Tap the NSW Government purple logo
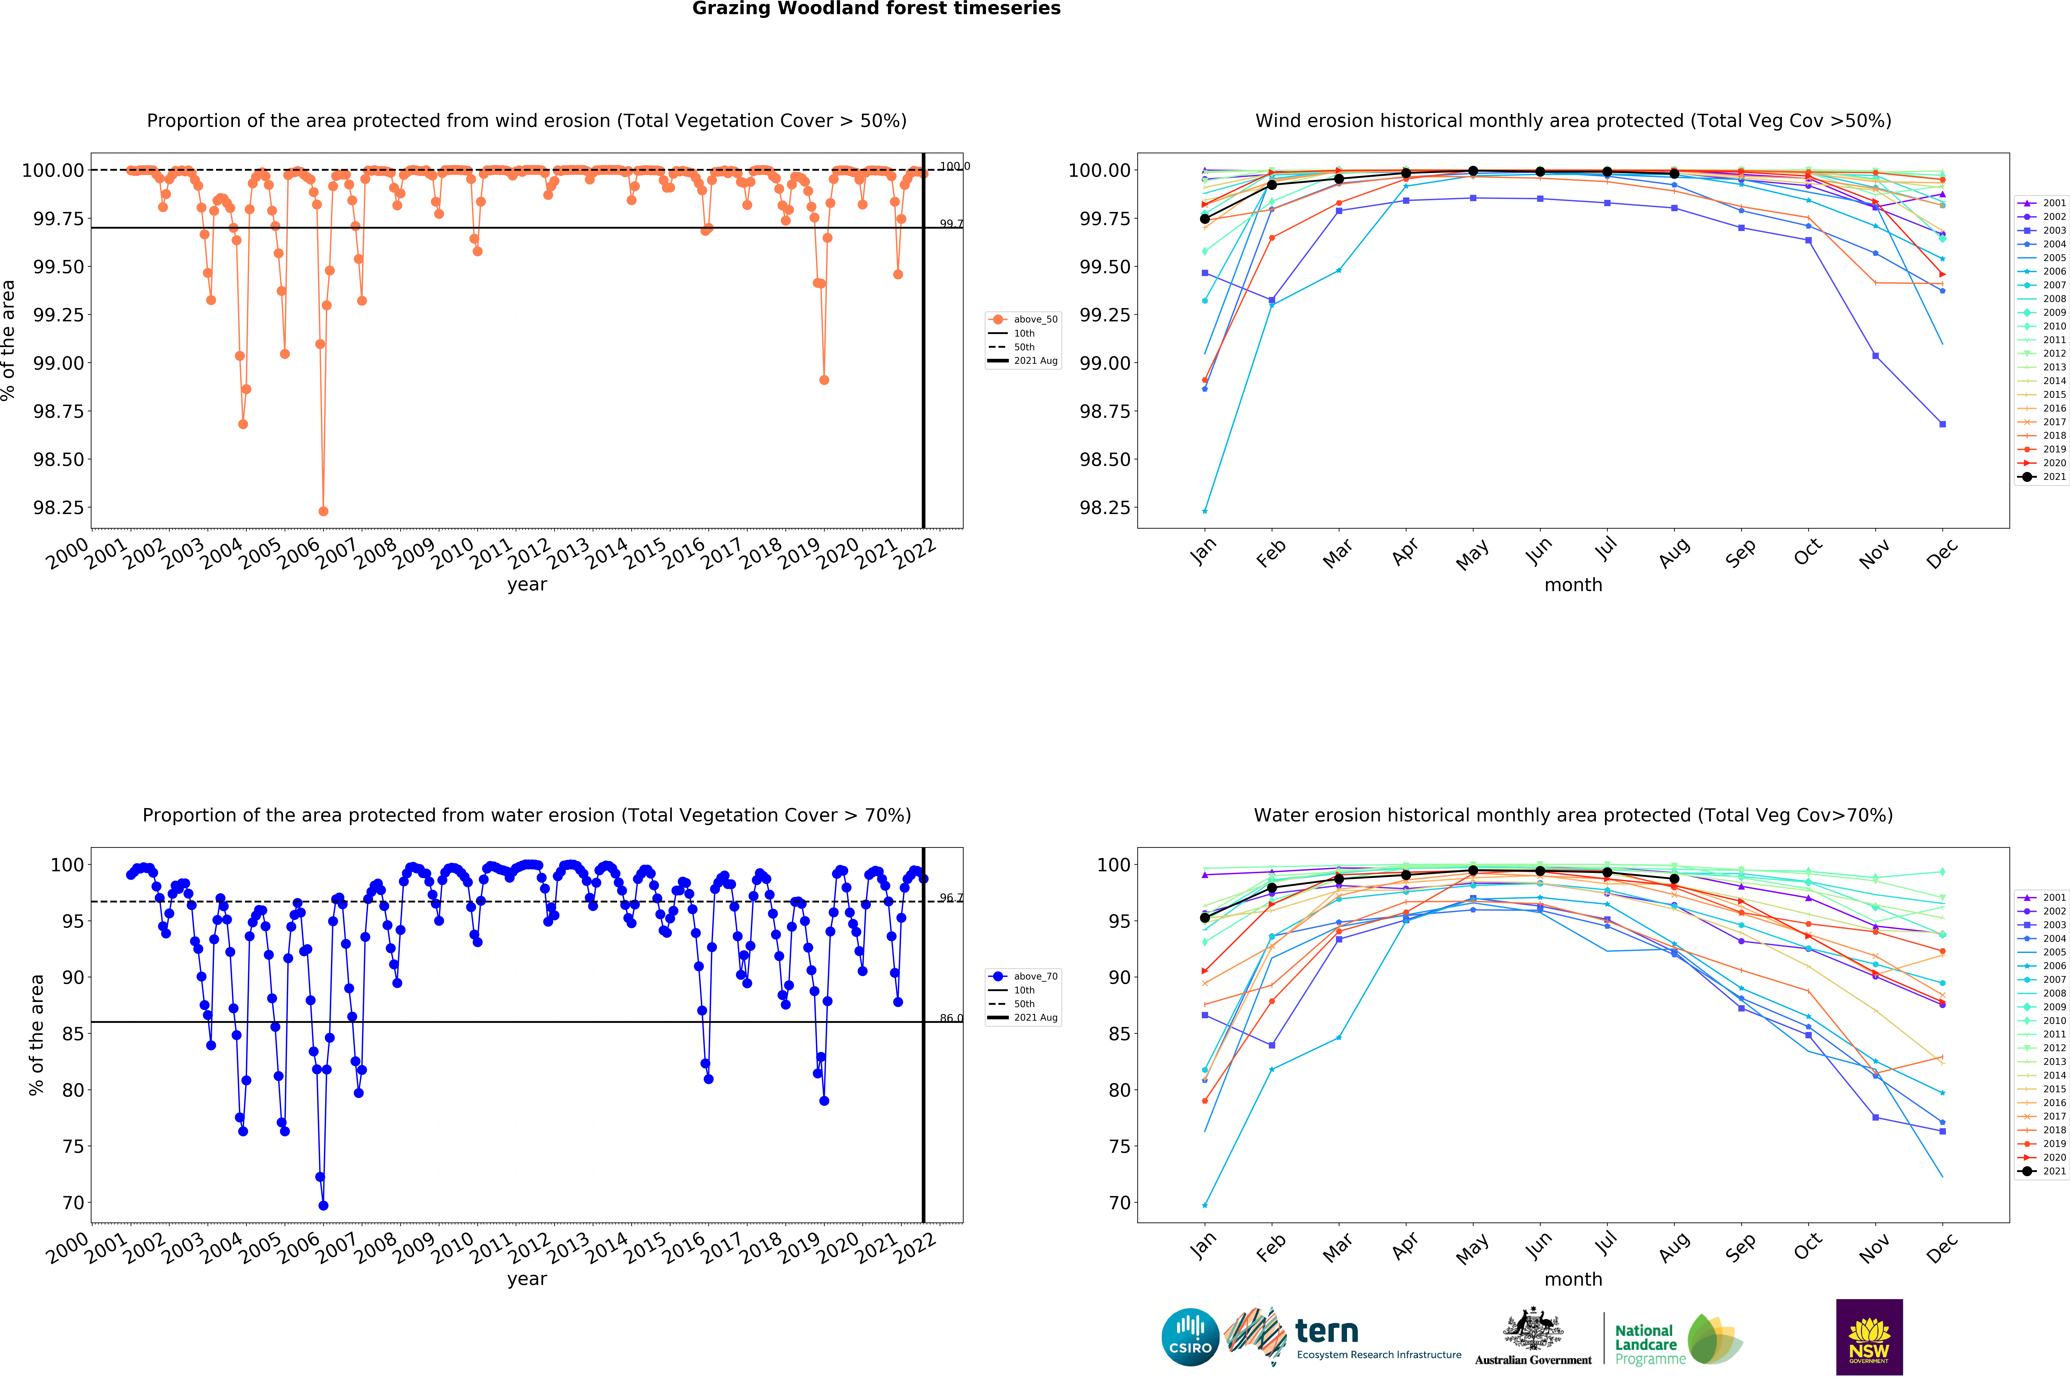point(1869,1336)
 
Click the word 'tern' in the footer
point(1327,1331)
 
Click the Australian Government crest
point(1533,1331)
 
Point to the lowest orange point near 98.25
point(323,511)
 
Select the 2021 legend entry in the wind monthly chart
point(2043,476)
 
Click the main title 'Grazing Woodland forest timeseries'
point(876,9)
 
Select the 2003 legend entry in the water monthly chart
point(2043,924)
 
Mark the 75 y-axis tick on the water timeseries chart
point(73,1146)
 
